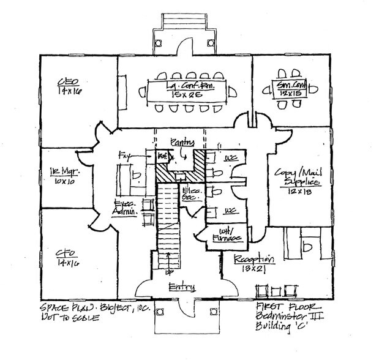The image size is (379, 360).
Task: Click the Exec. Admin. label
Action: (123, 208)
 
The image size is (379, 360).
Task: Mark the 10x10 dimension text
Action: (62, 182)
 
